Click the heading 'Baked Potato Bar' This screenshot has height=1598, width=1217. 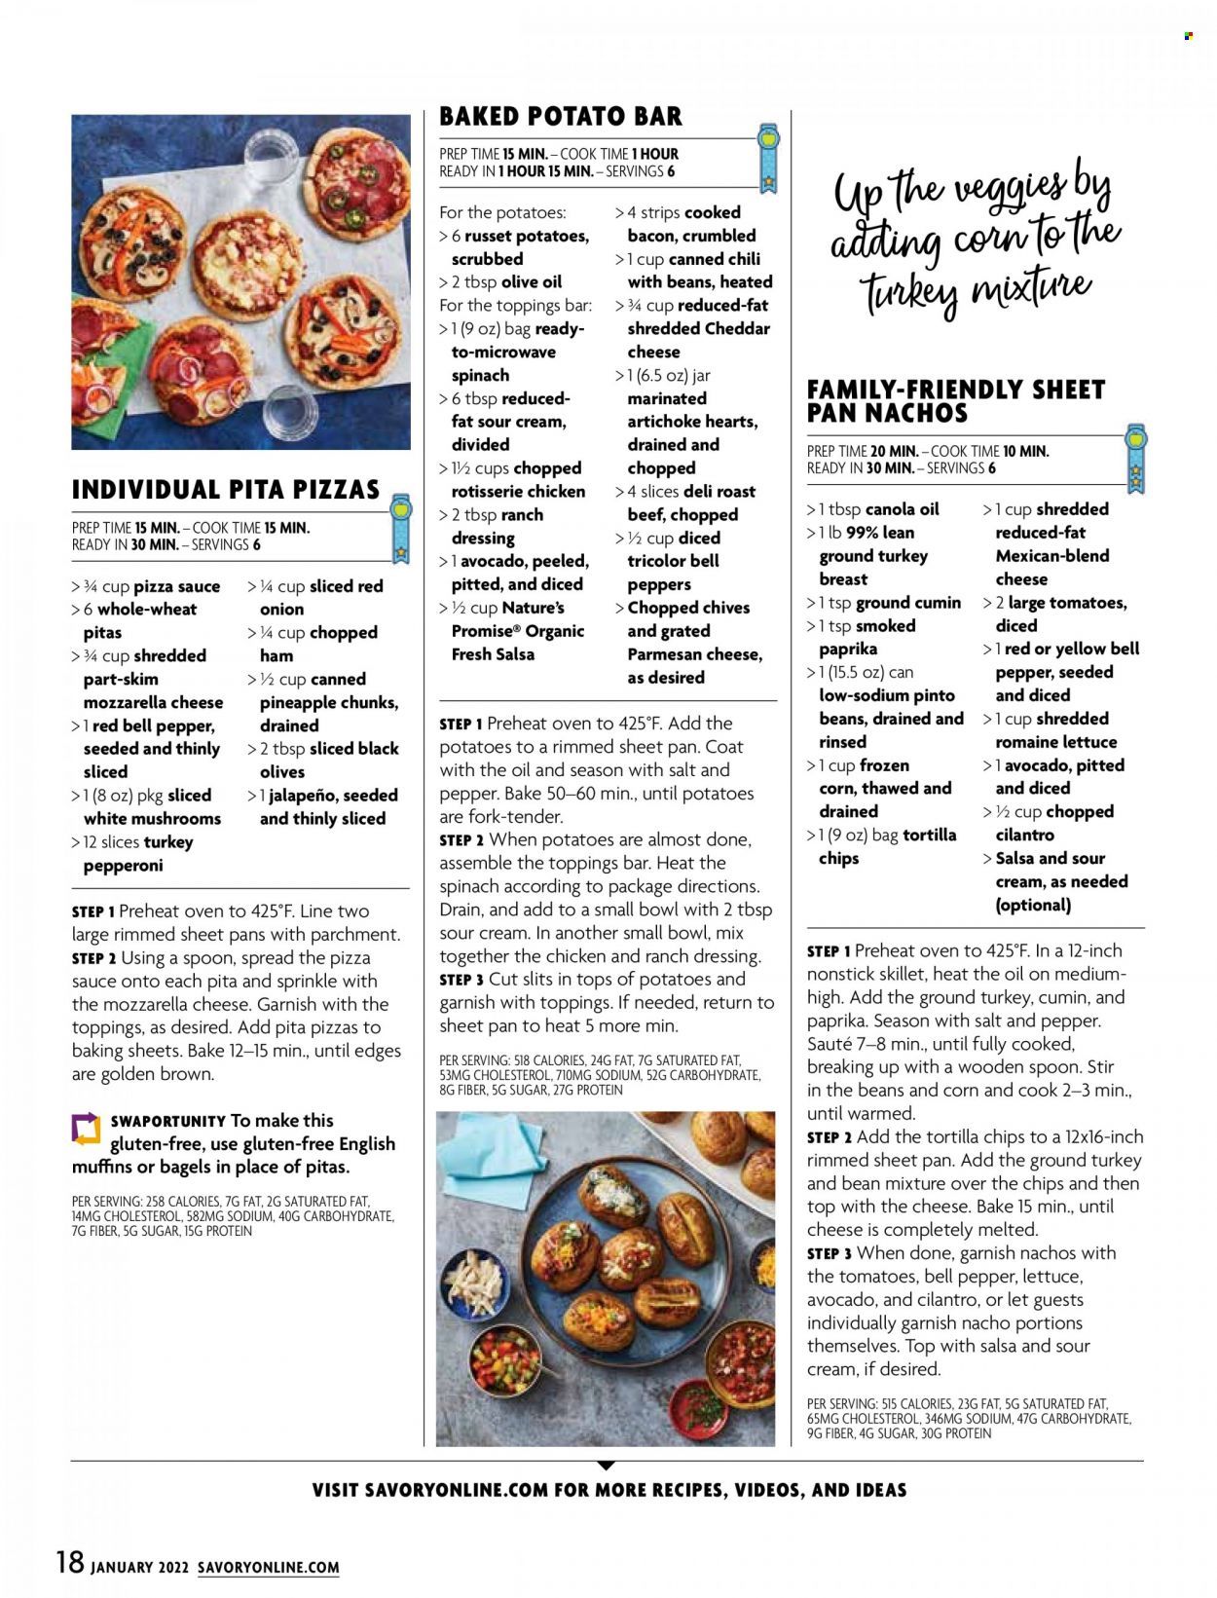tap(561, 117)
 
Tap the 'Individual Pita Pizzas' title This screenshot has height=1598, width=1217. tap(226, 489)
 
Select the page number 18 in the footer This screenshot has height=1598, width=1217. tap(70, 1562)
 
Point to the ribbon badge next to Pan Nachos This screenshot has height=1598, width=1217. tap(1135, 457)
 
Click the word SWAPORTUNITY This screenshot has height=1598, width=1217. tap(167, 1121)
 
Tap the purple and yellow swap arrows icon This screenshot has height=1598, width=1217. tap(87, 1129)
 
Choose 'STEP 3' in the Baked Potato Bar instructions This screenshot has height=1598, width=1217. tap(461, 980)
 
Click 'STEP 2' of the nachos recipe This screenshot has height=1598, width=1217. tap(830, 1137)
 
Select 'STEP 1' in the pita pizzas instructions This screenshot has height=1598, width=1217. tap(93, 911)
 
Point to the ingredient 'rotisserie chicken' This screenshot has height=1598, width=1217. tap(518, 492)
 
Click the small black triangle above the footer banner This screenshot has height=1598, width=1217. tap(606, 1465)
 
